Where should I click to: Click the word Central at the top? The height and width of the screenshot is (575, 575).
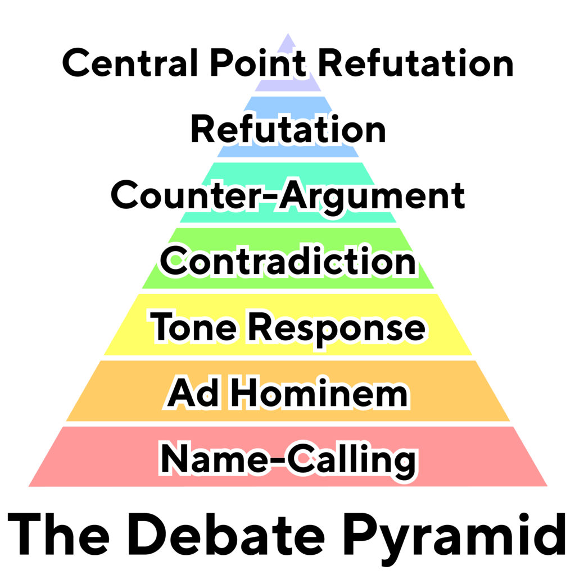pos(130,63)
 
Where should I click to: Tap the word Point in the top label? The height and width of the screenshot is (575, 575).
pos(257,63)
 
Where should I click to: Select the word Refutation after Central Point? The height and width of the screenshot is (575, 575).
pos(415,63)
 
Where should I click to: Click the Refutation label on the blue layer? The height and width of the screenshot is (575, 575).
pos(288,129)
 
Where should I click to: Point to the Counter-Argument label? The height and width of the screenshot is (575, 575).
pos(288,196)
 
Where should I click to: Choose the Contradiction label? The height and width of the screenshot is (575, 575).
pos(288,261)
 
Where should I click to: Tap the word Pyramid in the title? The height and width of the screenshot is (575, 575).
pos(454,539)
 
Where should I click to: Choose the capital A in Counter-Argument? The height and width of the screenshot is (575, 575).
pos(294,195)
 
